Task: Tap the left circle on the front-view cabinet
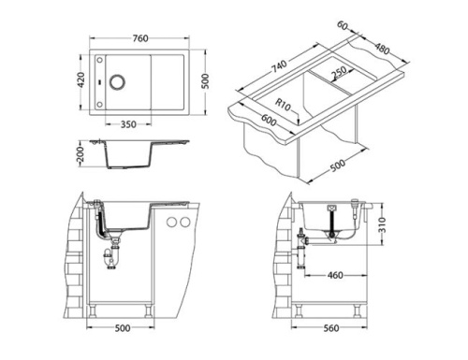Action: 171,221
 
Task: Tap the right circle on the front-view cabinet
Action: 185,221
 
